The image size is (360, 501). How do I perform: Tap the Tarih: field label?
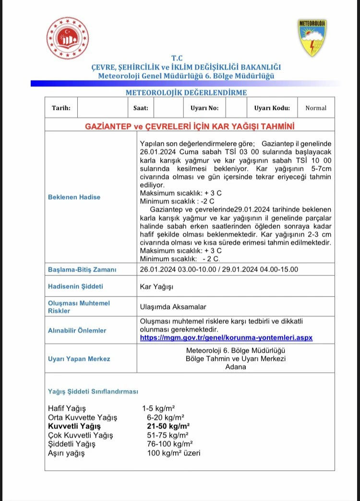[x=61, y=108]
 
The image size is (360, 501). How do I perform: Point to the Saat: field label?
[x=141, y=108]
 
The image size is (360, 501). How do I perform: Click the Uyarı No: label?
[x=204, y=108]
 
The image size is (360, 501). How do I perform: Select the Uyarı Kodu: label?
[x=272, y=108]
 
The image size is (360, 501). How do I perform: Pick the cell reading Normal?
[x=316, y=108]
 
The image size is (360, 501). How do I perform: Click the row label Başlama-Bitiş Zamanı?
[x=82, y=270]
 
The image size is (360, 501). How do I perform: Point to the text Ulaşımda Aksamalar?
[x=170, y=307]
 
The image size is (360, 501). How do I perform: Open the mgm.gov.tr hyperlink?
[x=226, y=338]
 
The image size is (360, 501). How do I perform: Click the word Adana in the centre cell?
[x=236, y=367]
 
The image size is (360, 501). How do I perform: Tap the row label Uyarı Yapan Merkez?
[x=79, y=359]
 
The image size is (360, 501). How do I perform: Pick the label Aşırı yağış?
[x=66, y=453]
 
